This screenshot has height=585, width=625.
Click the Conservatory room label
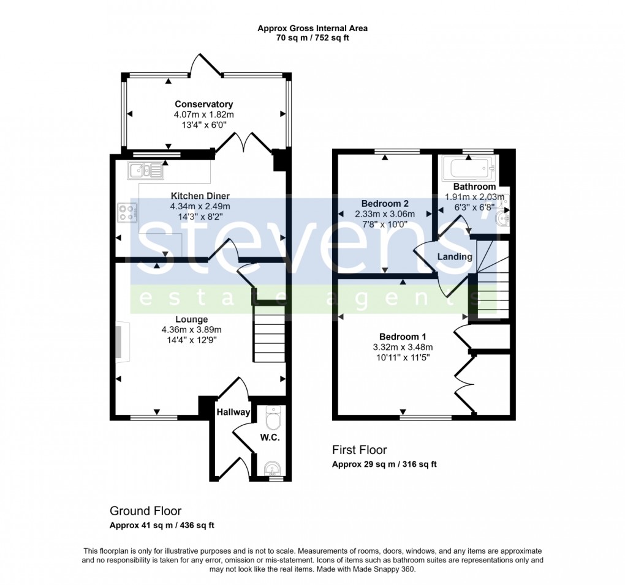(x=203, y=104)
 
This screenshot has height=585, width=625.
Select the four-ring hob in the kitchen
(x=127, y=212)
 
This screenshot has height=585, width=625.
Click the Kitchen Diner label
(x=200, y=196)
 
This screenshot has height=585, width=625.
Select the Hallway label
(x=233, y=412)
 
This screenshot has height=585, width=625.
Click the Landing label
(x=455, y=256)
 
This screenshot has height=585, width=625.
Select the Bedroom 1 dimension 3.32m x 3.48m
(x=402, y=347)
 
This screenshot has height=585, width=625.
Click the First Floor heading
(x=359, y=450)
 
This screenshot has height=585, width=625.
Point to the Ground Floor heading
(x=145, y=510)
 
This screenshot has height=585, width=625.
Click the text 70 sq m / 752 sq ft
(x=312, y=38)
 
